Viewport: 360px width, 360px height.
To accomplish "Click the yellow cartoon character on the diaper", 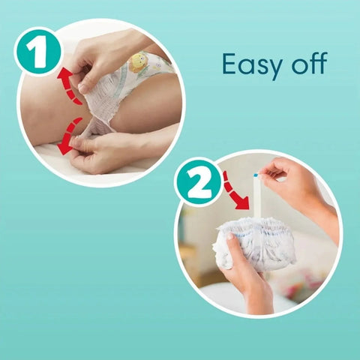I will [137, 62].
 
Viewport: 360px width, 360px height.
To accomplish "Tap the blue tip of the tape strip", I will [256, 175].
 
